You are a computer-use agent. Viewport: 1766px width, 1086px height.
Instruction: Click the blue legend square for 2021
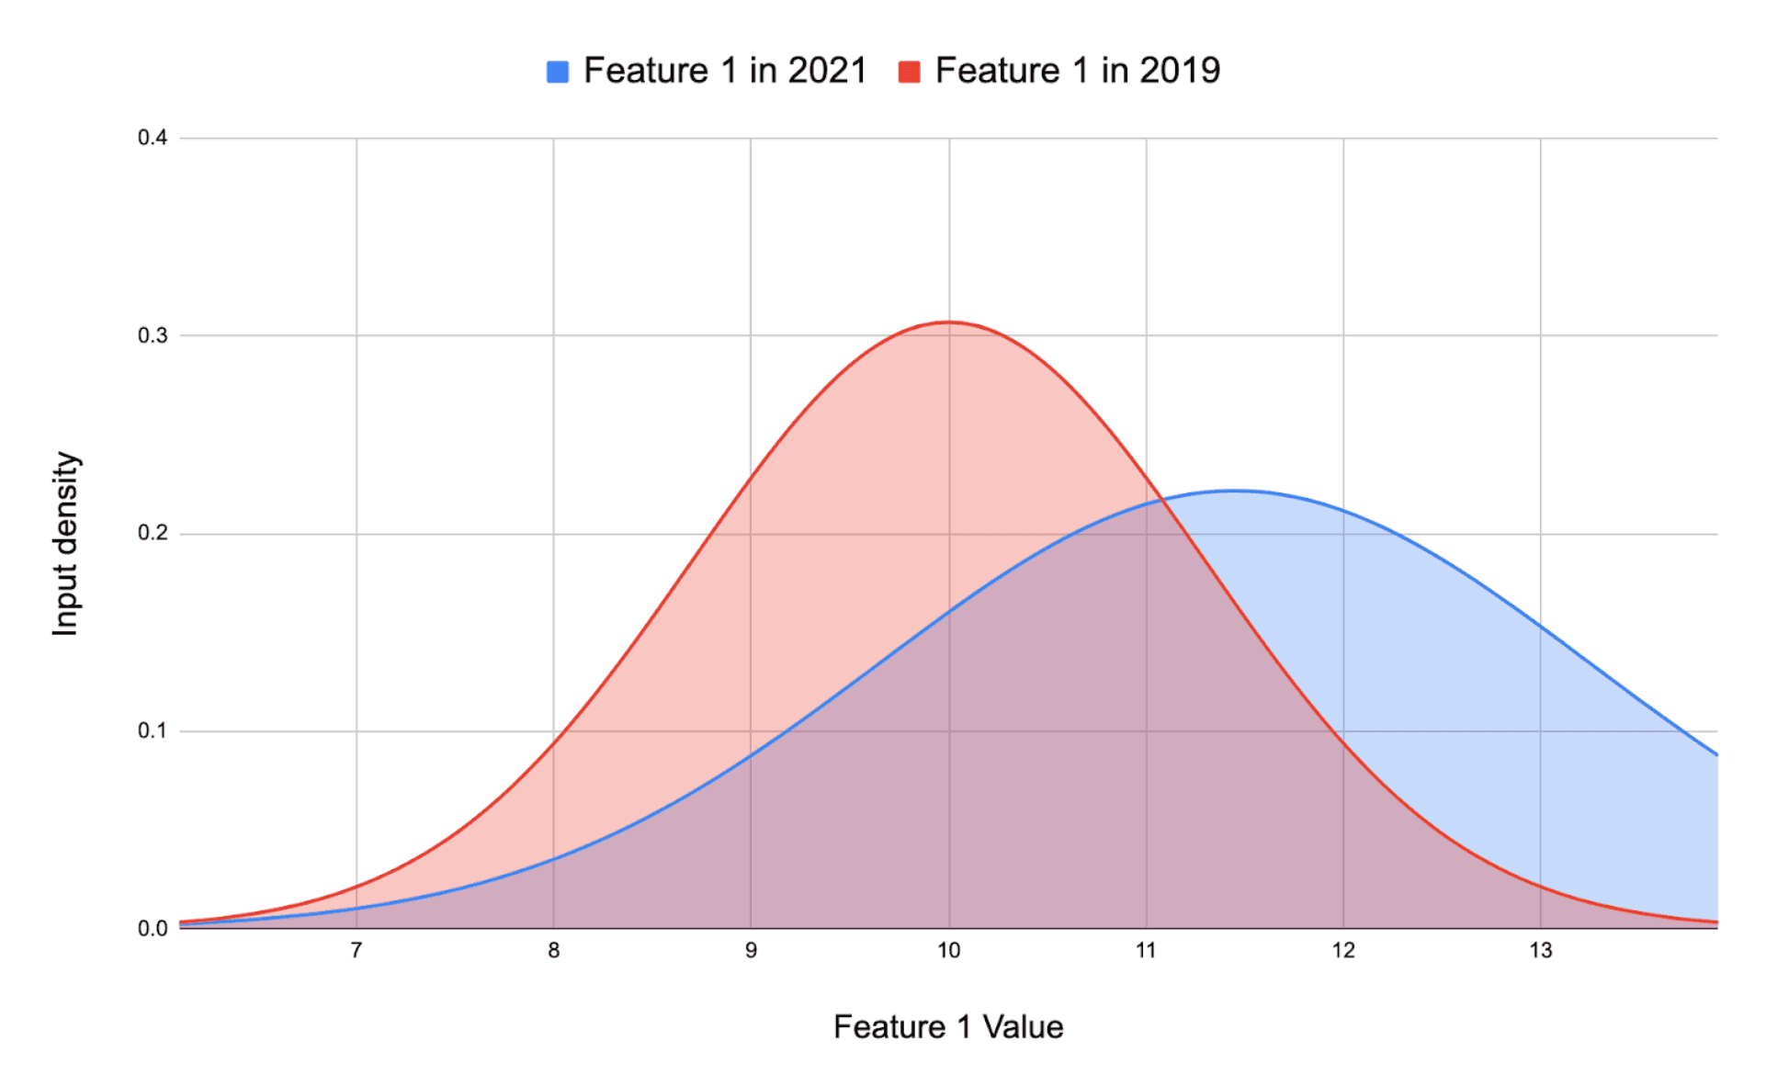pyautogui.click(x=557, y=72)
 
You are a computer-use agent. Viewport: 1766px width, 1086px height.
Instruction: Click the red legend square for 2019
pyautogui.click(x=909, y=72)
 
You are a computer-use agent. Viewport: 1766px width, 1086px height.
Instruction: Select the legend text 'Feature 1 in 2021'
pyautogui.click(x=725, y=71)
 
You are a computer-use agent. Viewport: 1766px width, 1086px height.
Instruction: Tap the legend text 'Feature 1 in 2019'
pyautogui.click(x=1077, y=71)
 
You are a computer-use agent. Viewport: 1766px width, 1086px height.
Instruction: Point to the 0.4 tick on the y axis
pyautogui.click(x=153, y=138)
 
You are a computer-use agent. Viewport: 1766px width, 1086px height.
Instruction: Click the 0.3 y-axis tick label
pyautogui.click(x=153, y=335)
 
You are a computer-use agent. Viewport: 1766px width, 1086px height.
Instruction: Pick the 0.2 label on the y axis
pyautogui.click(x=153, y=534)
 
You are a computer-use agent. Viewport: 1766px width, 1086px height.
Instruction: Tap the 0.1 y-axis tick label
pyautogui.click(x=153, y=731)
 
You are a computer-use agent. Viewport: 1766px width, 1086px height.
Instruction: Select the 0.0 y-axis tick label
pyautogui.click(x=153, y=929)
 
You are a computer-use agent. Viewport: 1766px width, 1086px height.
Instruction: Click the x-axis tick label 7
pyautogui.click(x=357, y=951)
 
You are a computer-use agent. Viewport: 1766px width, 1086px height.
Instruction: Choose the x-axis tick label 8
pyautogui.click(x=554, y=951)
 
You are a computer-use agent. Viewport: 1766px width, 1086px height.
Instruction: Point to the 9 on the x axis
pyautogui.click(x=751, y=951)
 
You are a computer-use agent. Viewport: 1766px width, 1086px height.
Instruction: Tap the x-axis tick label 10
pyautogui.click(x=948, y=951)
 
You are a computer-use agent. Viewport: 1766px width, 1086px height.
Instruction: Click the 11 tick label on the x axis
pyautogui.click(x=1146, y=951)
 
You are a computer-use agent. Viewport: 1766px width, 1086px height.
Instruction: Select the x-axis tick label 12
pyautogui.click(x=1343, y=951)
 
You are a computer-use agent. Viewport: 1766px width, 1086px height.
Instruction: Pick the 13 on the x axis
pyautogui.click(x=1541, y=951)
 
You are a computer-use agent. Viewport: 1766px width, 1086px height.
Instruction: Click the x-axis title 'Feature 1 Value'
pyautogui.click(x=948, y=1027)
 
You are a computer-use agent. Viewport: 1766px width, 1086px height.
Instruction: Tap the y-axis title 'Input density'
pyautogui.click(x=66, y=543)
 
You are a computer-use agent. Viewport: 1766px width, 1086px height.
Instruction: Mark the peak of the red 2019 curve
pyautogui.click(x=948, y=322)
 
